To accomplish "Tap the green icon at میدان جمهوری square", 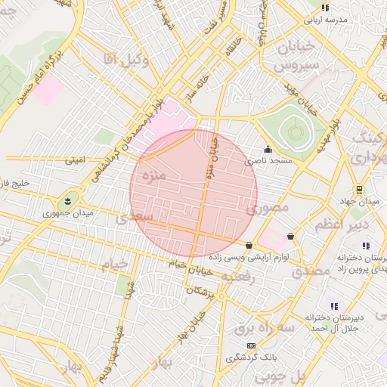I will pyautogui.click(x=68, y=201).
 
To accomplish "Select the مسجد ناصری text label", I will pyautogui.click(x=268, y=161).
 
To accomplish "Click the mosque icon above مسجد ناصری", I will pyautogui.click(x=268, y=149).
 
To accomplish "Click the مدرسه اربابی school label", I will pyautogui.click(x=325, y=18).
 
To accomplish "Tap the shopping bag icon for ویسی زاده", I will pyautogui.click(x=249, y=244).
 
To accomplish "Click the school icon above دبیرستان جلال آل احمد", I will pyautogui.click(x=333, y=305).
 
